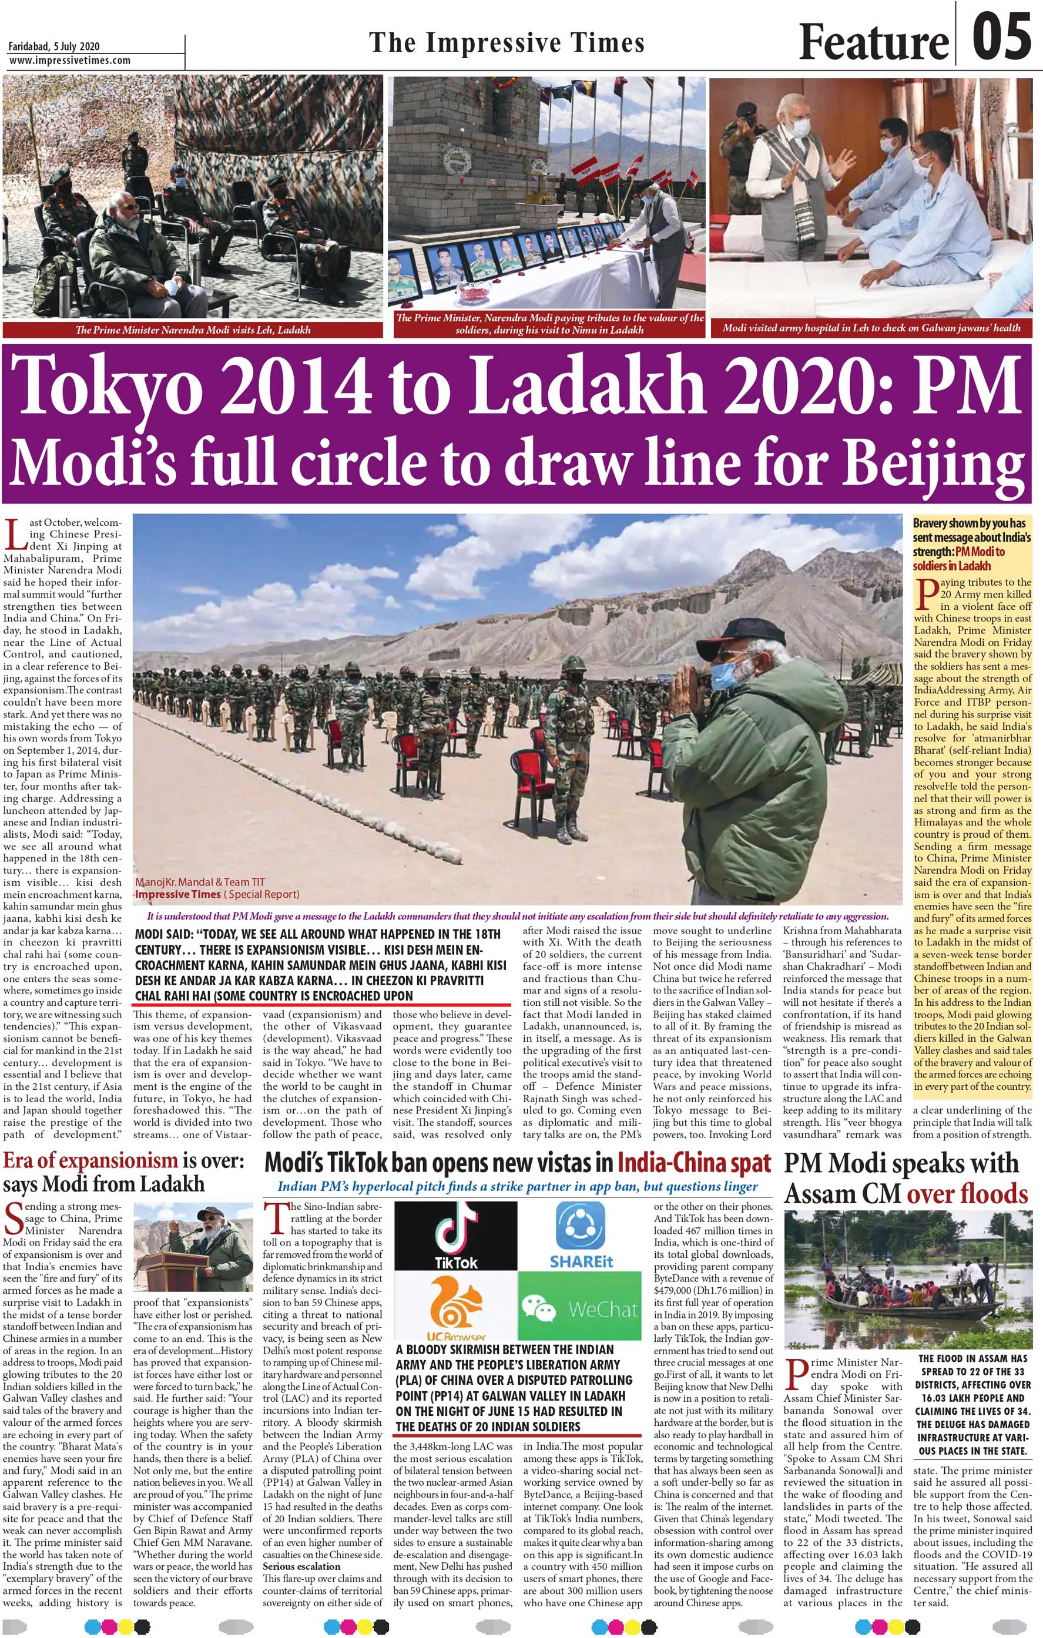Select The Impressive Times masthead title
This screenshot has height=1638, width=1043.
point(507,43)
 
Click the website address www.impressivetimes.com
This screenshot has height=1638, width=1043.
point(69,61)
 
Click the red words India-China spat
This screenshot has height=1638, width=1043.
point(693,1163)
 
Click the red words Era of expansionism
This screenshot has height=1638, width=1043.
point(90,1160)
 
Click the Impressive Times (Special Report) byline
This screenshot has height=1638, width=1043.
point(216,894)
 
